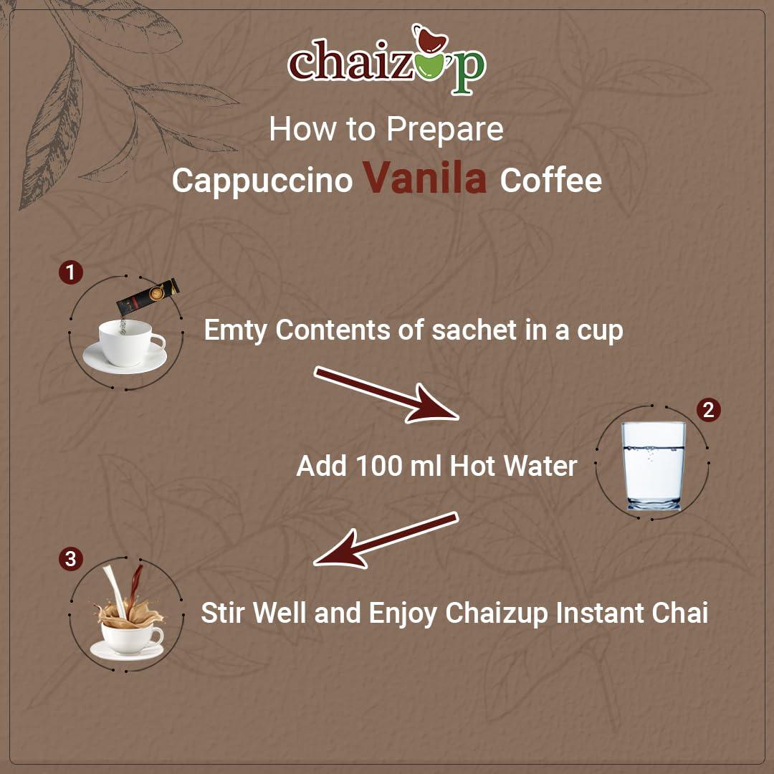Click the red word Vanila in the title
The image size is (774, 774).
coord(425,179)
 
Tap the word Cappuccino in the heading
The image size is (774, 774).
coord(262,181)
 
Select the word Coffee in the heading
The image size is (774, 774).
coord(550,181)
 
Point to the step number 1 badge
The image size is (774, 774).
coord(70,272)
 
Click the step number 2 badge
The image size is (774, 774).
coord(708,410)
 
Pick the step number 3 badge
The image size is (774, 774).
coord(70,559)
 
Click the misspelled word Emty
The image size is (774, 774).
coord(236,330)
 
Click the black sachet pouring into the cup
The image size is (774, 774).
coord(148,297)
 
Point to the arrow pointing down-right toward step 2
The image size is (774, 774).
coord(386,394)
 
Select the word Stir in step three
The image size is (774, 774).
coord(224,613)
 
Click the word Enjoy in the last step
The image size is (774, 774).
coord(403,614)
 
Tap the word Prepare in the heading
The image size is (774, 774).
coord(444,130)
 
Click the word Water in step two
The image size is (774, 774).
coord(540,467)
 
